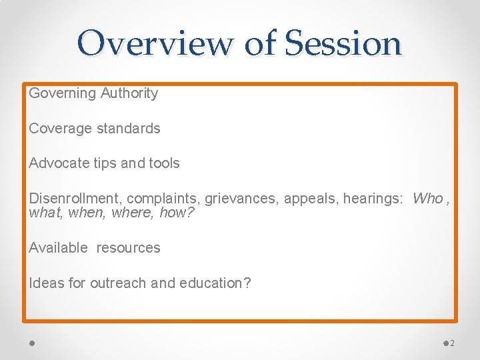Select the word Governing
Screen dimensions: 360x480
click(63, 93)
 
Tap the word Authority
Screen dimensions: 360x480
click(129, 93)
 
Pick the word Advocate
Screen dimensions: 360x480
click(59, 163)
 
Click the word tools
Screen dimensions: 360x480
click(163, 163)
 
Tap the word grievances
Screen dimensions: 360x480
click(241, 199)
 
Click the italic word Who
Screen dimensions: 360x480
click(427, 199)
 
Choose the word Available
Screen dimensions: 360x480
click(58, 248)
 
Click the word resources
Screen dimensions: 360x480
click(128, 248)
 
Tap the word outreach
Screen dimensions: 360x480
click(119, 283)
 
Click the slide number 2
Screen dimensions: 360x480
click(452, 343)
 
